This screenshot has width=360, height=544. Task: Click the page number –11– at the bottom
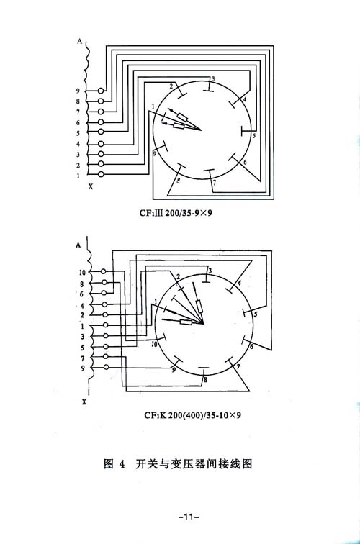(189, 517)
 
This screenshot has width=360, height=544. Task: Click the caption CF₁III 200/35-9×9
(176, 212)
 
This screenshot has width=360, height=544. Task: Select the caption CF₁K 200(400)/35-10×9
(193, 415)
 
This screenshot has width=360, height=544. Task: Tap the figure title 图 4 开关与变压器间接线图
(178, 463)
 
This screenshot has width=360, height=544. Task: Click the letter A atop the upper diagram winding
(79, 41)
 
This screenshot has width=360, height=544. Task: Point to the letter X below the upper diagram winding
(91, 186)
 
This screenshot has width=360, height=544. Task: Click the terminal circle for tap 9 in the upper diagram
(101, 91)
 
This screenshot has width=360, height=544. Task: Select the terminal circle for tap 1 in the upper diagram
(101, 174)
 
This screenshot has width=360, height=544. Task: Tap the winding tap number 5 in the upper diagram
(78, 133)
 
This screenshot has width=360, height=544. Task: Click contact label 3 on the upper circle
(213, 78)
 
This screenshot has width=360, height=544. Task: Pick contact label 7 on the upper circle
(214, 183)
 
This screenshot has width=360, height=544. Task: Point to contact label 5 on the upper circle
(253, 136)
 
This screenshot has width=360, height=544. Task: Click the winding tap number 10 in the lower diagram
(82, 272)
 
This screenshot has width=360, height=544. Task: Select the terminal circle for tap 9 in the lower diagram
(107, 367)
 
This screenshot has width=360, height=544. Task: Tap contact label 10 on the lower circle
(155, 344)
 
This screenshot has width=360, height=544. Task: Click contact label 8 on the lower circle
(205, 379)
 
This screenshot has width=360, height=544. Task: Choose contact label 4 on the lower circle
(239, 284)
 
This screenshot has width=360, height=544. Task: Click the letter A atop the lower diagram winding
(78, 245)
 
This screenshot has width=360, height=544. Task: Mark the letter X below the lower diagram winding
(84, 402)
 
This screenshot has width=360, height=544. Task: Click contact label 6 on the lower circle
(252, 347)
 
